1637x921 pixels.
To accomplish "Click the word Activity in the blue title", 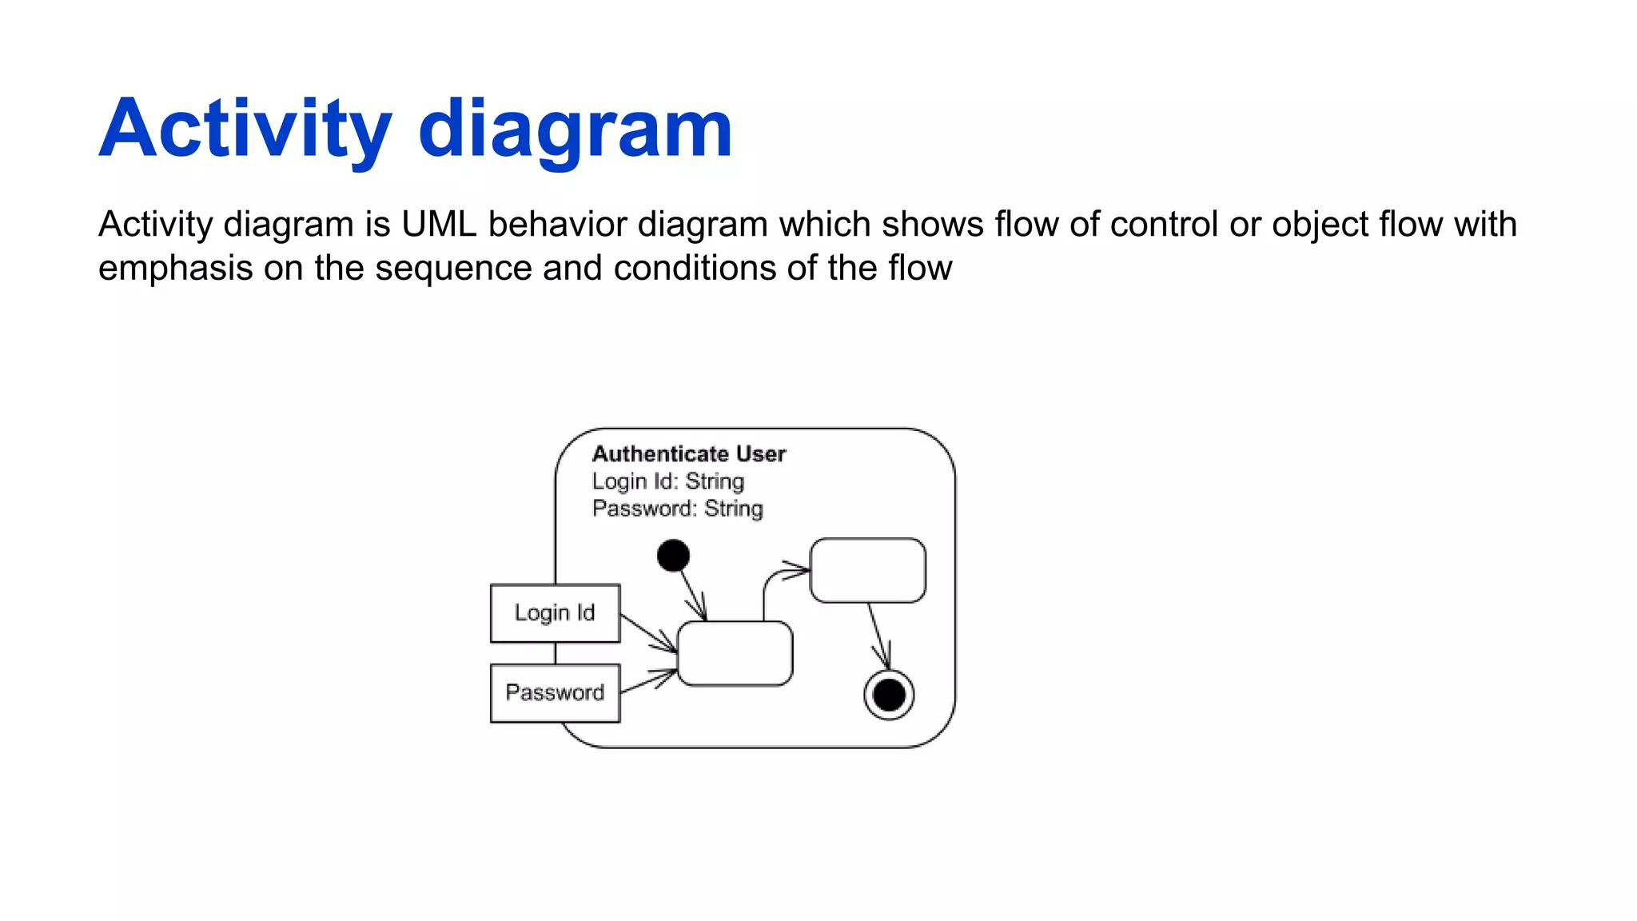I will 245,130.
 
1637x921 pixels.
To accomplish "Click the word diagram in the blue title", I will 575,130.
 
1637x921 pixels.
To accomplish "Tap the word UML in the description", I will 439,225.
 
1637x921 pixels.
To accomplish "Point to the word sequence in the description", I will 453,268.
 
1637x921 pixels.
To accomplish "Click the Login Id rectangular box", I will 555,613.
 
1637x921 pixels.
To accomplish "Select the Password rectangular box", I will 555,693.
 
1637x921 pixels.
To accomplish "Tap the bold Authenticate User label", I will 689,454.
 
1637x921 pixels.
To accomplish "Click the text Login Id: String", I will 668,481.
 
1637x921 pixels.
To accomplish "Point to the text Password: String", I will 678,508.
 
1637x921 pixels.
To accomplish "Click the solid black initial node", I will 673,556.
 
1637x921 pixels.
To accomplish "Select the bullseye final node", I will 889,695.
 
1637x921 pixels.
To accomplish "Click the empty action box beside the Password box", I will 735,653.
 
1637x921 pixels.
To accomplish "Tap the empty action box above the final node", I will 868,570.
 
